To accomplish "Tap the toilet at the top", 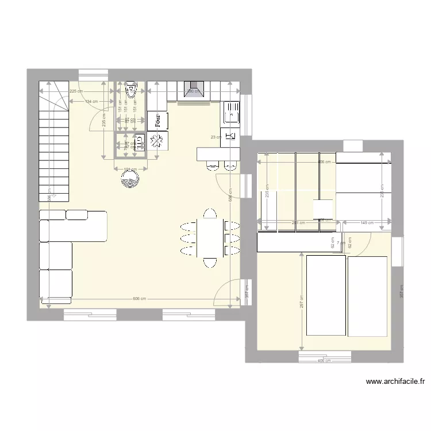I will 130,88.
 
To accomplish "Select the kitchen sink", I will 232,112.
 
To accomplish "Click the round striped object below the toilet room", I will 130,178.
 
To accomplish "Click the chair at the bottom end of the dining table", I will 210,263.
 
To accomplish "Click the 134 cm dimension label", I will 91,102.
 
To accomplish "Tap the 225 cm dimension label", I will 75,91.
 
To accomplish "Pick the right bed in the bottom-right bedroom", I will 368,295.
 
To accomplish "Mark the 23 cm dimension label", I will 215,137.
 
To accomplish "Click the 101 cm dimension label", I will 130,169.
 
